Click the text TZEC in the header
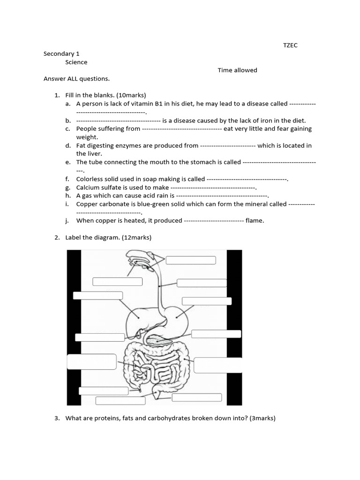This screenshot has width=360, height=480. coord(290,45)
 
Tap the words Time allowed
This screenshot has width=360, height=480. coord(237,70)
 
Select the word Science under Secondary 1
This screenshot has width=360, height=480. coord(76,62)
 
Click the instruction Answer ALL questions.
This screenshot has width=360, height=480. coord(76,79)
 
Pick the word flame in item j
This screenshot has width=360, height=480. coord(255,221)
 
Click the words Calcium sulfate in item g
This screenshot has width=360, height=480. coord(97,187)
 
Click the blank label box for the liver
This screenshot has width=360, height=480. coord(97,295)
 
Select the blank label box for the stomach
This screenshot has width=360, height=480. coord(206,301)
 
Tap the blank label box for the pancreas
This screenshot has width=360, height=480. coord(216,334)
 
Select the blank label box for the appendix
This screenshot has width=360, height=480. coord(100,391)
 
